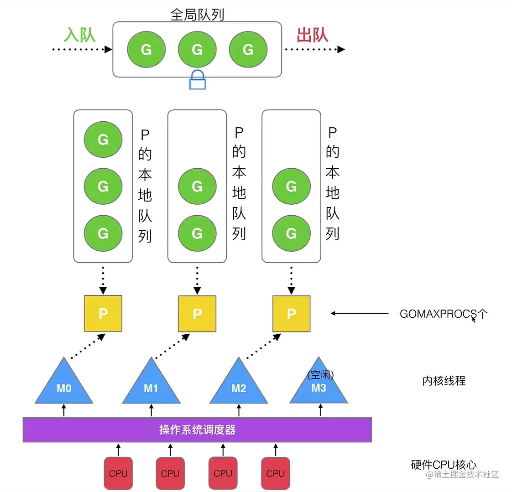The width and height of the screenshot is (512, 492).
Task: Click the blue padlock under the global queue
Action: click(197, 80)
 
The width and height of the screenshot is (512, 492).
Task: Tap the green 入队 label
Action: click(80, 35)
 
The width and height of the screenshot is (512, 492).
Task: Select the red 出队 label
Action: click(312, 35)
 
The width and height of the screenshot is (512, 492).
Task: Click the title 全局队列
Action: click(197, 15)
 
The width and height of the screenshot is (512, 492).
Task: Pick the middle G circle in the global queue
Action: click(197, 49)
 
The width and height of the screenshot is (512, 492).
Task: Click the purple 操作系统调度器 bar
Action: click(197, 430)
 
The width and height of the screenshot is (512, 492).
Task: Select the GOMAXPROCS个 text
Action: click(443, 314)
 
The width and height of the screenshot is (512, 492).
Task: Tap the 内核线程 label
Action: click(444, 381)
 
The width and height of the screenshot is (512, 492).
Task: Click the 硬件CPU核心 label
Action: click(444, 465)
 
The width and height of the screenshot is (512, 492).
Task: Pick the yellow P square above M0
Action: click(103, 313)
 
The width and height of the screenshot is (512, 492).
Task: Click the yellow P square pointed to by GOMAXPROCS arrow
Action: click(291, 313)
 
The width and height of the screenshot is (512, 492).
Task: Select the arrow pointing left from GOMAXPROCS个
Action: click(360, 313)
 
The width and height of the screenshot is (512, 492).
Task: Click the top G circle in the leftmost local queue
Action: click(103, 139)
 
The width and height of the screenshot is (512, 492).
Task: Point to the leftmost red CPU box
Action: click(118, 473)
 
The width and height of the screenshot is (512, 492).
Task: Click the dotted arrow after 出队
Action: click(314, 49)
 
